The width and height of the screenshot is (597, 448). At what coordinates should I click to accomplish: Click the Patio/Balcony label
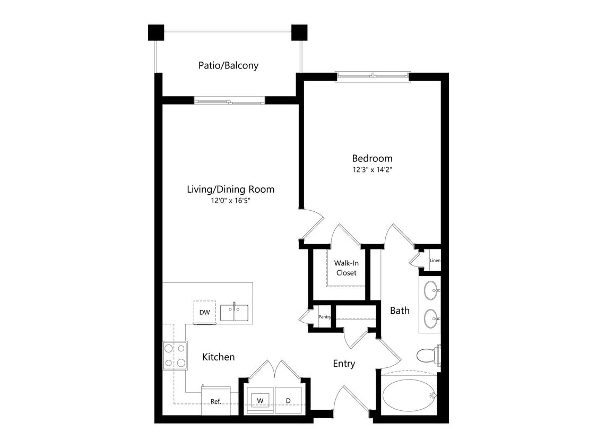point(228,66)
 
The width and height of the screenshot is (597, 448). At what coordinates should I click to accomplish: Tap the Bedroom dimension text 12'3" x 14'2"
point(372,170)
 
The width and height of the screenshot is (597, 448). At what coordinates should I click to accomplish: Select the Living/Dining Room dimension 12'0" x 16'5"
point(230,201)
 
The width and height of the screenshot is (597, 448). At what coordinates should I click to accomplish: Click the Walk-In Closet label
point(345,268)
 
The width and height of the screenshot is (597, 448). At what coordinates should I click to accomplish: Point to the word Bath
point(400,311)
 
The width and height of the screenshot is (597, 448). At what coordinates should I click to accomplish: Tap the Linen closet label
point(435,261)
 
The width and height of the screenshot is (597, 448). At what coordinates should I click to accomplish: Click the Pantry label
point(324,317)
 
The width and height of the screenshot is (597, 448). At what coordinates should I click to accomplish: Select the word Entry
point(344,364)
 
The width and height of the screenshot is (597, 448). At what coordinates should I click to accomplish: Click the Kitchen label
point(218,357)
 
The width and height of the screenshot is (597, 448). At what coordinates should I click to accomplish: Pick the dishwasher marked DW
point(204,312)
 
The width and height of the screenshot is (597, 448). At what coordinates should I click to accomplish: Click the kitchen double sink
point(235,312)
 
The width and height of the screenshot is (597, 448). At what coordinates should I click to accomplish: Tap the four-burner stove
point(175,356)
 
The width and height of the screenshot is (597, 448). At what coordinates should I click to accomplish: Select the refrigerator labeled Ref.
point(216,401)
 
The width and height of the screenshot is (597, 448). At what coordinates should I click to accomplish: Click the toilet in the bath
point(427,355)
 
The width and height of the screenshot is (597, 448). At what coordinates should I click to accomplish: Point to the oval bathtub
point(408,395)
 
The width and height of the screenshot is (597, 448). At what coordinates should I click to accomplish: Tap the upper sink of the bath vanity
point(430,291)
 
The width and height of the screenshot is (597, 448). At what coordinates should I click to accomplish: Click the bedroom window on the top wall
point(373,77)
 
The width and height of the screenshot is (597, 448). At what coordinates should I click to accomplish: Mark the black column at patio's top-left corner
point(155,33)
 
